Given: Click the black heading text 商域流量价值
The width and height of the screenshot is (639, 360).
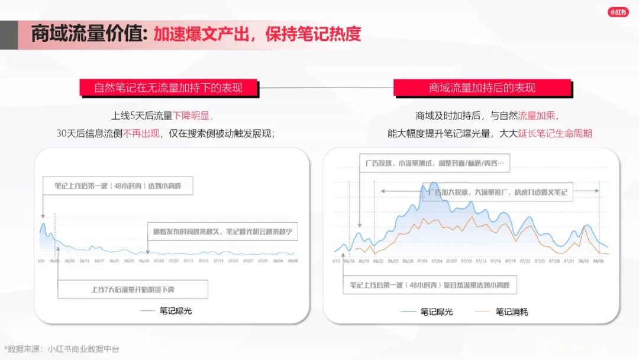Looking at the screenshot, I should (89, 33).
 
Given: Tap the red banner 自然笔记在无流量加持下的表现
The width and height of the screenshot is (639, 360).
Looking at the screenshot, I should (168, 88).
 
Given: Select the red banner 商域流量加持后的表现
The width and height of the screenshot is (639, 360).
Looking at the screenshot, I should (482, 88).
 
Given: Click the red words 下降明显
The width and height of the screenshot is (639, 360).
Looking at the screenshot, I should (193, 115).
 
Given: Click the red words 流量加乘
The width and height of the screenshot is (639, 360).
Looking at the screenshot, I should (537, 115).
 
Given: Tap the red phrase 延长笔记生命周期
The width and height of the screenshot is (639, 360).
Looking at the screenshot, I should (555, 133).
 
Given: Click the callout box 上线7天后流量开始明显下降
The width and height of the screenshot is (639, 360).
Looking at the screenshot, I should (133, 290).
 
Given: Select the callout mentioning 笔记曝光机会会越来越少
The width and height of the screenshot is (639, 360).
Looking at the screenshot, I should (222, 232).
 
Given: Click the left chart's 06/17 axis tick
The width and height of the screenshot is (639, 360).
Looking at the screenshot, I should (99, 261).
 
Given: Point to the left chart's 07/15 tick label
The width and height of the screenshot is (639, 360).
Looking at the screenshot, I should (204, 261).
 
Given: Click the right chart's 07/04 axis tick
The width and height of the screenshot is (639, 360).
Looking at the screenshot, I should (437, 261).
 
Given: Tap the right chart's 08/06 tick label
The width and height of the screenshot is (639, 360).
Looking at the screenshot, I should (598, 261).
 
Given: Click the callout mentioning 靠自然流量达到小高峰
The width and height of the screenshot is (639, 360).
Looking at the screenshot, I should (430, 285).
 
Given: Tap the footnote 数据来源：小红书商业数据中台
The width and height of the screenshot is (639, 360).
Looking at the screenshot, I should (62, 349).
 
